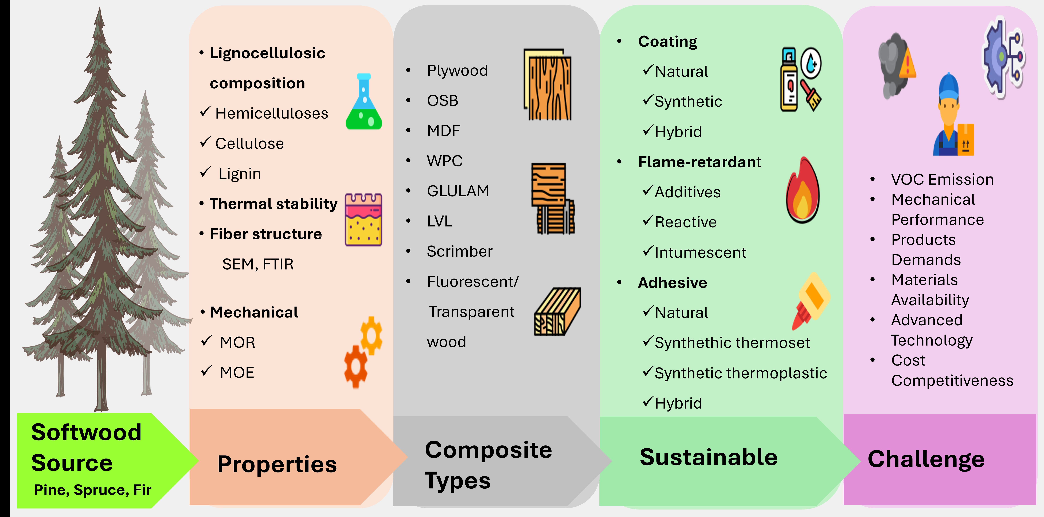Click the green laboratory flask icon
tap(363, 102)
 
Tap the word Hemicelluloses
tap(272, 113)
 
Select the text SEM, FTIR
tap(258, 264)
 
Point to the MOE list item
tap(237, 372)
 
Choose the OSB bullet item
tap(442, 100)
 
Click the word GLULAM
tap(458, 191)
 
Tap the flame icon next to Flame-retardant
tap(802, 190)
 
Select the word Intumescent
tap(700, 252)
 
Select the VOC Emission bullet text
tap(942, 179)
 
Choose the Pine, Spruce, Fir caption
tap(92, 490)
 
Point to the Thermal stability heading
tap(273, 204)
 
